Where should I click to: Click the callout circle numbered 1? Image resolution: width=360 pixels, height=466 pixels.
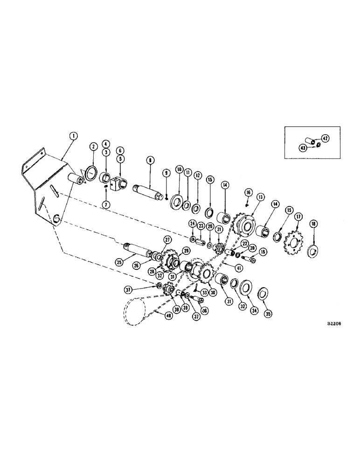click(x=72, y=137)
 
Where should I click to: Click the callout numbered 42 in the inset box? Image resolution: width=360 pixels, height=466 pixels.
click(x=325, y=138)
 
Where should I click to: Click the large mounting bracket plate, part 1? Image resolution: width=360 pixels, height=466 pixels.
click(x=44, y=186)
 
